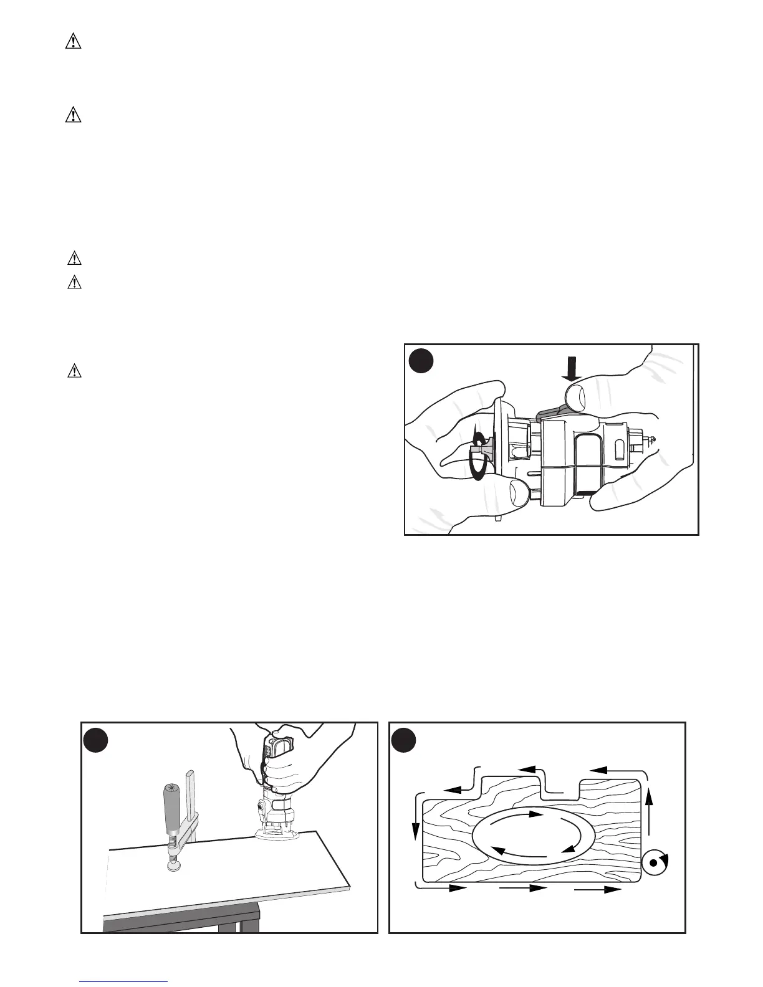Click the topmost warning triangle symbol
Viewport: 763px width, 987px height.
74,42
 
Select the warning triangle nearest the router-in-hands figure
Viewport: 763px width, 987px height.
74,371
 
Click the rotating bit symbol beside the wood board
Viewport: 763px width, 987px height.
654,863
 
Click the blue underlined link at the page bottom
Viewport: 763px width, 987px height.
125,981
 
